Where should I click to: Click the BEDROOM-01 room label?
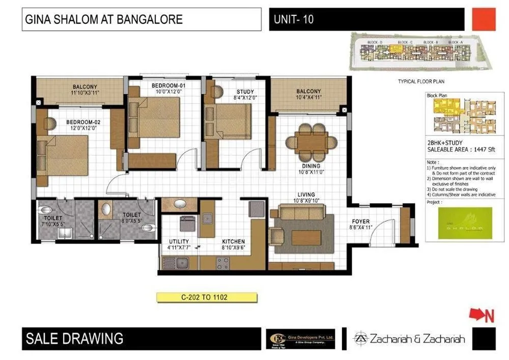click(x=168, y=85)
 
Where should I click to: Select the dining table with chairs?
click(x=310, y=142)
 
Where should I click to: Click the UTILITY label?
click(x=179, y=241)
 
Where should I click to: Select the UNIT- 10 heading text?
click(x=294, y=20)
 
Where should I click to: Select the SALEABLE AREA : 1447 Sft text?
click(x=454, y=151)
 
